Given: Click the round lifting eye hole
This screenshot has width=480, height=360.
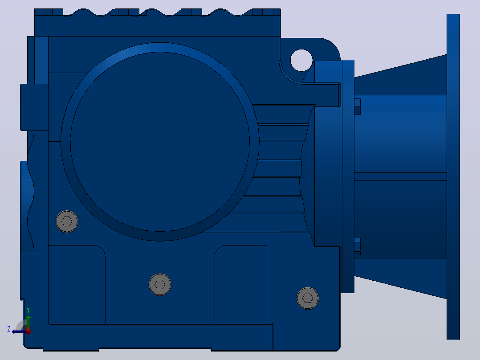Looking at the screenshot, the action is click(x=301, y=60).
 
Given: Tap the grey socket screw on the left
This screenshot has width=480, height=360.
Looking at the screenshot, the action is click(x=67, y=221).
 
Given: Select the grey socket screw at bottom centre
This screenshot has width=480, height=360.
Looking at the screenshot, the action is click(x=160, y=284).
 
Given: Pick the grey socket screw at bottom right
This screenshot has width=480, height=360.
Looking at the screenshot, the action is click(x=308, y=298).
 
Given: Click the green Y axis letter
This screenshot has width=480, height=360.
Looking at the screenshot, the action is click(x=28, y=310).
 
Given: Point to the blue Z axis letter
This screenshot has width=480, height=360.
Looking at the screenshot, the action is click(x=9, y=329).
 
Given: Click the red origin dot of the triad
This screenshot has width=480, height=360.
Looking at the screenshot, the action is click(x=28, y=331).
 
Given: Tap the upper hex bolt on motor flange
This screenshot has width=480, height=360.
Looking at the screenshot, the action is click(x=357, y=106).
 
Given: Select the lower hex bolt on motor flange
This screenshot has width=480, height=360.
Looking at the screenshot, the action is click(x=357, y=247).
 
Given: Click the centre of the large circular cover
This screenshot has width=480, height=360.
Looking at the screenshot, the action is click(x=160, y=142).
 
